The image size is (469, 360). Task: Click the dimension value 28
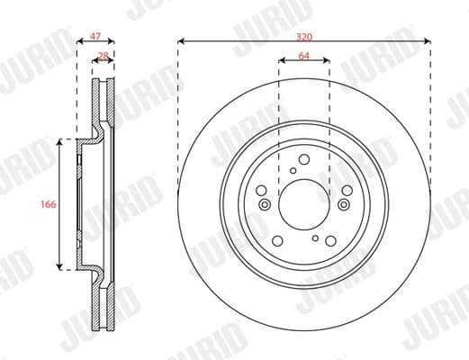click(x=104, y=56)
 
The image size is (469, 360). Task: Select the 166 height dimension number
click(x=50, y=205)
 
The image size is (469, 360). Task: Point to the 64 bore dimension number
click(x=304, y=56)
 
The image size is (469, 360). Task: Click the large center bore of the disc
click(x=304, y=203)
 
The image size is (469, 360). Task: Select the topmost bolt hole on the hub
click(x=304, y=158)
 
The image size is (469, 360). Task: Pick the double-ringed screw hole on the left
click(x=264, y=204)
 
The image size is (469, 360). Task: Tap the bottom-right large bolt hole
click(x=330, y=239)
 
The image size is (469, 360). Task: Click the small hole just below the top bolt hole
click(x=293, y=169)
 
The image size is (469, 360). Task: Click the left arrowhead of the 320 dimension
click(x=181, y=40)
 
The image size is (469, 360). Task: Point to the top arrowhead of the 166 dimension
click(x=61, y=142)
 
